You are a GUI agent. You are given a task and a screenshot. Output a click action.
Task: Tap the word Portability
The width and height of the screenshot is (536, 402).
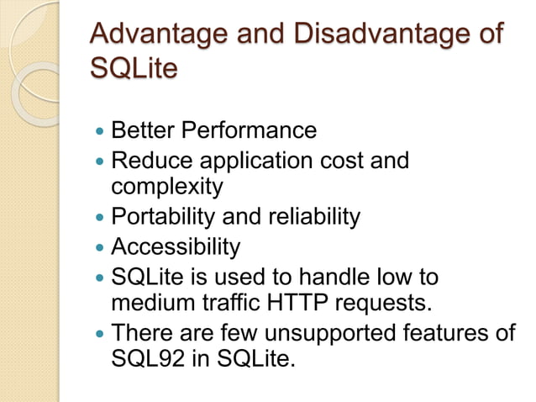163,217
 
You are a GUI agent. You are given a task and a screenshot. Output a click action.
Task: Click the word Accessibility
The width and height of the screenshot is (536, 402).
176,246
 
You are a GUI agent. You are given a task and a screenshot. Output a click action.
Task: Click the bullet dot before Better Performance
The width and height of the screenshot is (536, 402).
101,132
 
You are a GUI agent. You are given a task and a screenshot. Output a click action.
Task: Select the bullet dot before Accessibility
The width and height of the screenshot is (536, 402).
101,248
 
